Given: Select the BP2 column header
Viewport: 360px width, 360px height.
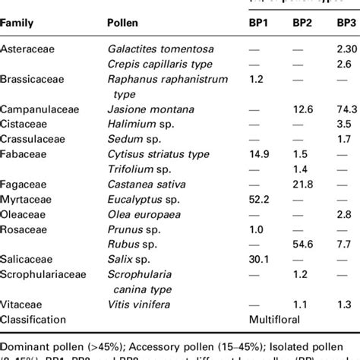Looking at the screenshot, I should pyautogui.click(x=305, y=24).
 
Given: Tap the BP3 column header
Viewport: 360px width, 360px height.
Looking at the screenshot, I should pyautogui.click(x=345, y=24).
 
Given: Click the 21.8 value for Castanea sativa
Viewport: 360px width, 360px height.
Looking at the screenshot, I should pyautogui.click(x=305, y=184).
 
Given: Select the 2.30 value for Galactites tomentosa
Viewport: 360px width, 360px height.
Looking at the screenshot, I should pyautogui.click(x=346, y=49).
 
